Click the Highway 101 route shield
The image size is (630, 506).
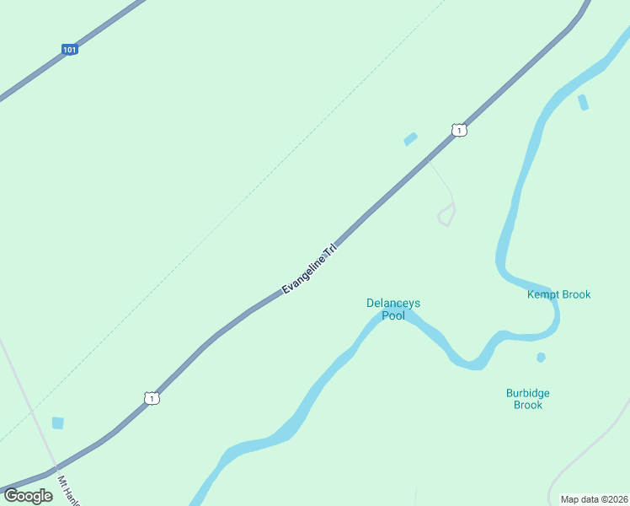[70, 50]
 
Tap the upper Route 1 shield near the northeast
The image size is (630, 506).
[458, 130]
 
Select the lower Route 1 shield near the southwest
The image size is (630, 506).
[151, 398]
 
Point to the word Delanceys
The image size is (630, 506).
[393, 303]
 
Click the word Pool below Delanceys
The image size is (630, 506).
[393, 316]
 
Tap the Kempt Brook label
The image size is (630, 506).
[558, 294]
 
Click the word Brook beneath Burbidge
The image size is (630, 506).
[528, 405]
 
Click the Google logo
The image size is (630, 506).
[28, 496]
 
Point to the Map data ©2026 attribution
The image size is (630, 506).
[595, 499]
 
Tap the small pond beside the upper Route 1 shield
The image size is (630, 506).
[410, 139]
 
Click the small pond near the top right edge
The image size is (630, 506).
[583, 103]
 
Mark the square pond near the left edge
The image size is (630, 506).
[57, 423]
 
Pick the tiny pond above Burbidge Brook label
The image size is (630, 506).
[541, 358]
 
